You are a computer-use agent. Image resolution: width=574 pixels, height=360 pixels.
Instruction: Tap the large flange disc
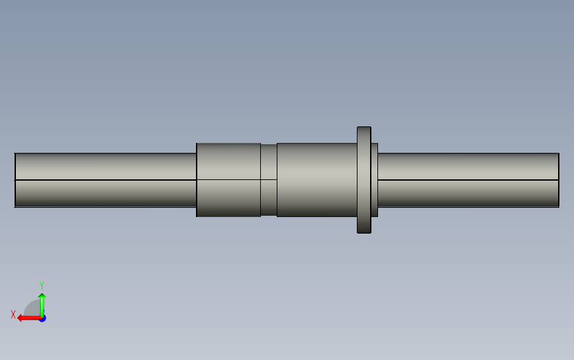pyautogui.click(x=364, y=180)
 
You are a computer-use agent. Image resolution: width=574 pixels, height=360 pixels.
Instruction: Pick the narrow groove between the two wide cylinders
pyautogui.click(x=269, y=180)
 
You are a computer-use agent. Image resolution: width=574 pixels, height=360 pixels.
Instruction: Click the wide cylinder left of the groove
pyautogui.click(x=228, y=180)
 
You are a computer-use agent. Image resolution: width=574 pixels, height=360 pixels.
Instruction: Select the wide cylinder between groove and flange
pyautogui.click(x=317, y=180)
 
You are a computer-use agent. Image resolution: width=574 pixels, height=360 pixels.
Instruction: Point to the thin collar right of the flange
pyautogui.click(x=374, y=180)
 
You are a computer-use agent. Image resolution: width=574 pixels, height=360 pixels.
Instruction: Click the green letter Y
pyautogui.click(x=42, y=286)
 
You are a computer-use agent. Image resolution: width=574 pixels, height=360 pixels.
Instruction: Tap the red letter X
pyautogui.click(x=13, y=314)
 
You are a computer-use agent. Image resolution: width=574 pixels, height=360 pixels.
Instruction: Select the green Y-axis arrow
pyautogui.click(x=42, y=306)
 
